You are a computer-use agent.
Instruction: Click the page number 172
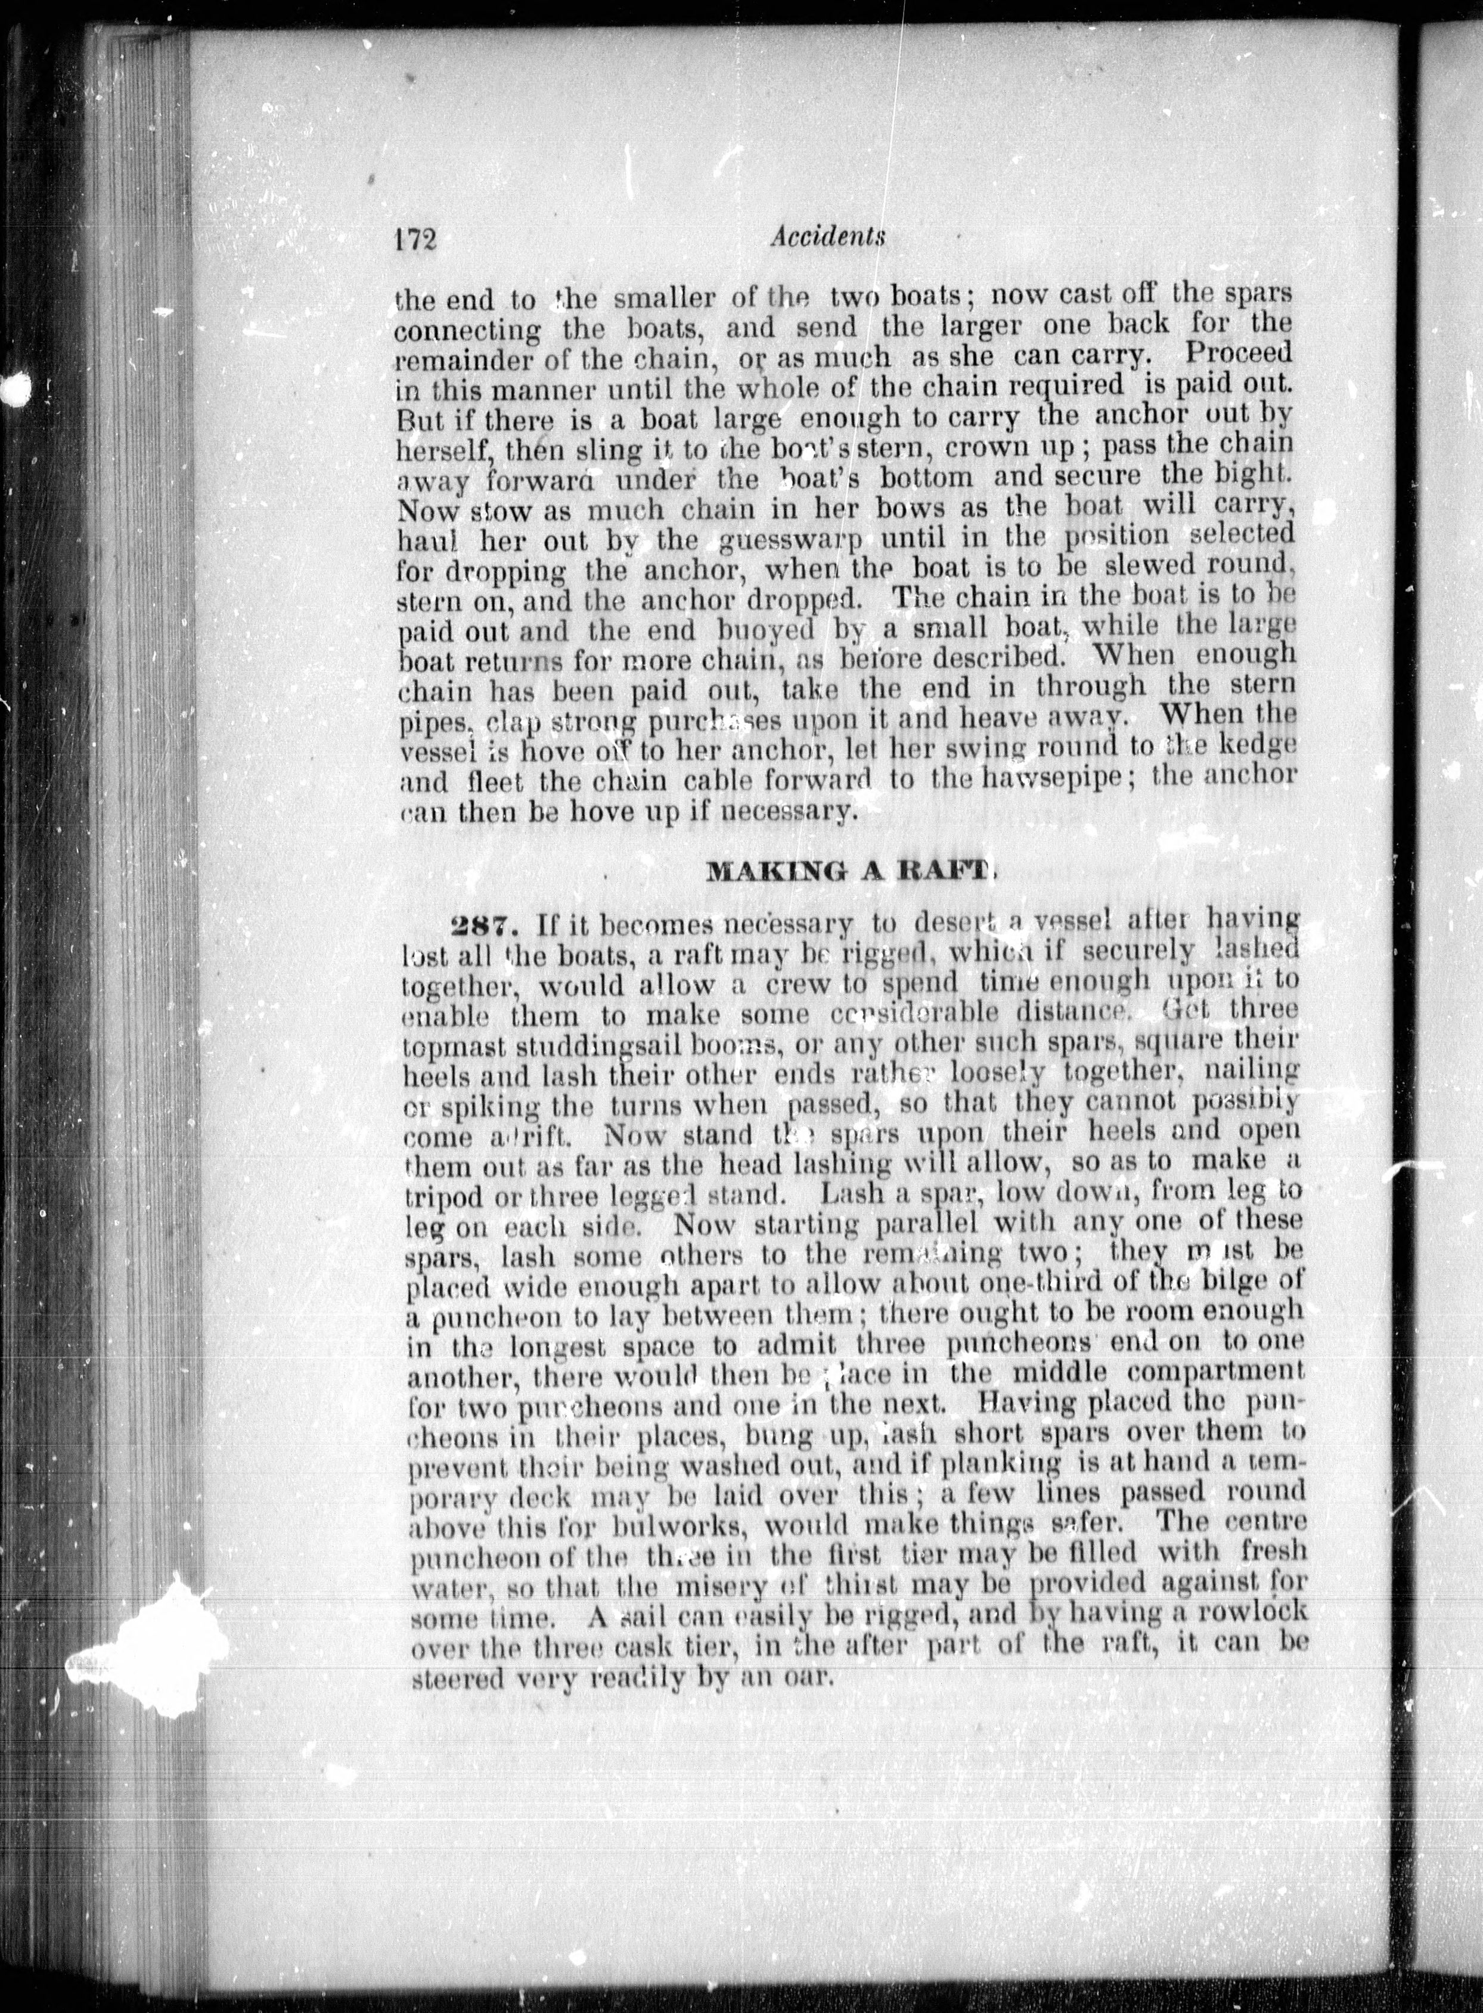(x=414, y=241)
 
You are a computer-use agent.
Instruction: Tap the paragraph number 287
(x=485, y=924)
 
